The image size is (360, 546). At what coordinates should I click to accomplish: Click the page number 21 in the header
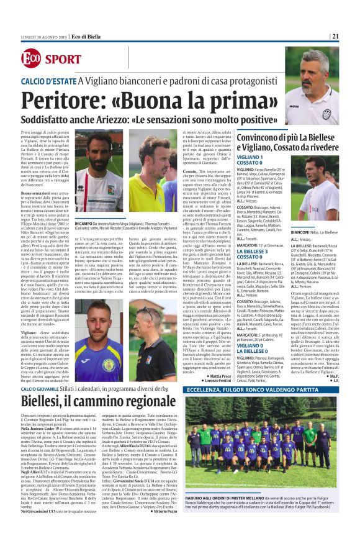pyautogui.click(x=352, y=36)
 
